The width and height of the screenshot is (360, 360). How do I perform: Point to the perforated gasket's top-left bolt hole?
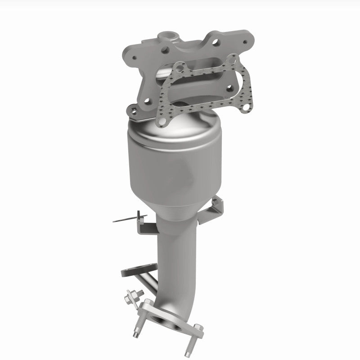tap(181, 68)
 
